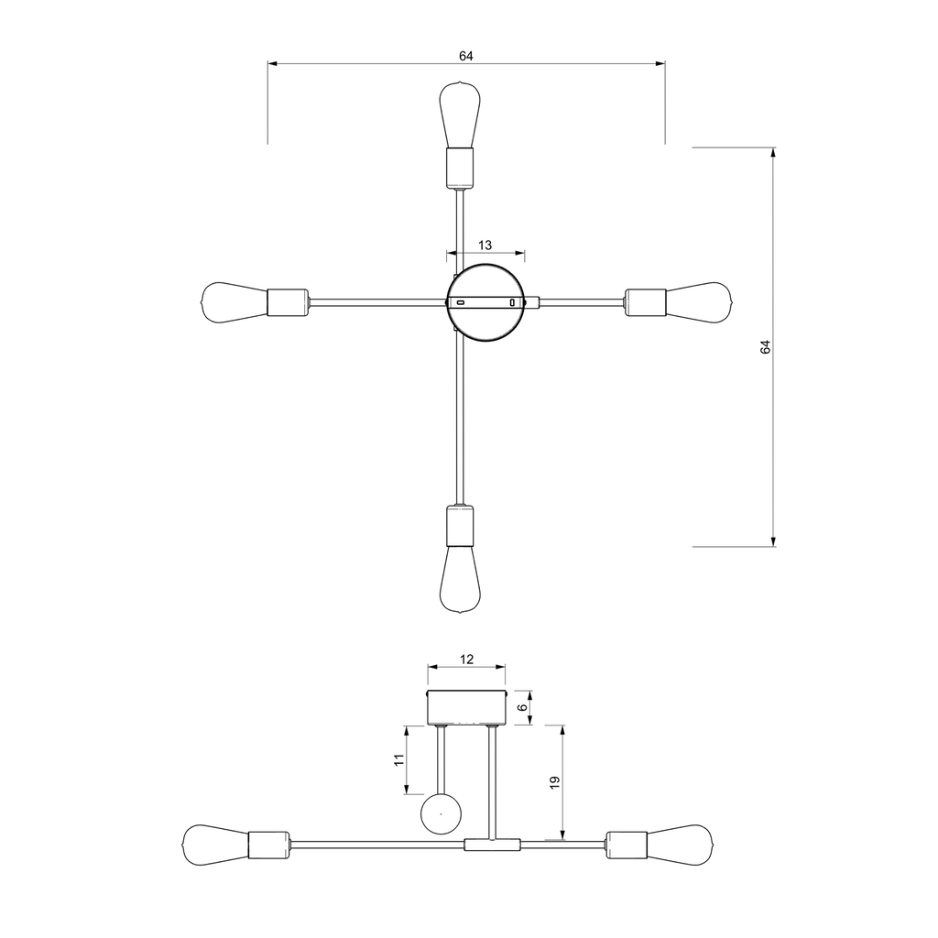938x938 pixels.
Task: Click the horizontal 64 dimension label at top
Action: tap(466, 56)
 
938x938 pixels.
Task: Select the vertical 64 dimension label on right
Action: tap(766, 346)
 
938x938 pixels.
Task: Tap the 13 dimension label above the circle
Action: tap(485, 245)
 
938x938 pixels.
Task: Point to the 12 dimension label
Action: tap(466, 659)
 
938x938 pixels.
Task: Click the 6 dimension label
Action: tap(523, 707)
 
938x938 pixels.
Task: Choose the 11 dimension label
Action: tap(398, 760)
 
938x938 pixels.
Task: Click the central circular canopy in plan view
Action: tap(486, 301)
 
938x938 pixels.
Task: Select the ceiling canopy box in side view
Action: tap(467, 707)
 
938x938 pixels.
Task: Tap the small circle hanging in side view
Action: tap(441, 813)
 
